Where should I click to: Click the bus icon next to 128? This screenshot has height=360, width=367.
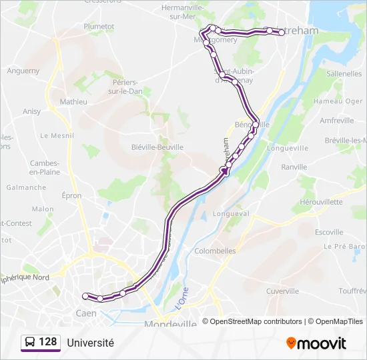(x=29, y=343)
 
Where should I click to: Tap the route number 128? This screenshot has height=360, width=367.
(x=48, y=342)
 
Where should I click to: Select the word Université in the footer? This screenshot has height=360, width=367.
(x=90, y=343)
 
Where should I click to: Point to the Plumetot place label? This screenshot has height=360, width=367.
(x=99, y=27)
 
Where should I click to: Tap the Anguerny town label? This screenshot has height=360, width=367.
(x=23, y=71)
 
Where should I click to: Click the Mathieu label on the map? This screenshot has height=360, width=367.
(x=73, y=102)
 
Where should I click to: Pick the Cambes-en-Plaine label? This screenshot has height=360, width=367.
(x=45, y=167)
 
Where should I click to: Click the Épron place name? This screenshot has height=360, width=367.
(x=71, y=195)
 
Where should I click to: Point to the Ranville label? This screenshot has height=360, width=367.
(x=294, y=167)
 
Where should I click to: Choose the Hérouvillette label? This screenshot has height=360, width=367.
(x=321, y=201)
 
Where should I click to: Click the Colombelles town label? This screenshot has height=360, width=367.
(x=215, y=251)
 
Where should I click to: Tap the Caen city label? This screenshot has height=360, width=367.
(x=86, y=313)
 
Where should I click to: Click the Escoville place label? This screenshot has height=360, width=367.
(x=329, y=232)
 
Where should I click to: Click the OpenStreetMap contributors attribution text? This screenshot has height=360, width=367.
(x=252, y=321)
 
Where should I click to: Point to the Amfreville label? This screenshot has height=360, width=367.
(x=337, y=121)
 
